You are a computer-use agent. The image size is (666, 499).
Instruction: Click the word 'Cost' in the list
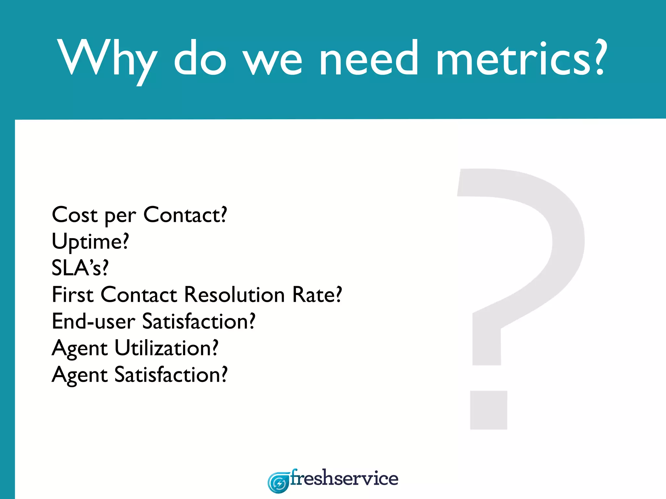[x=74, y=215]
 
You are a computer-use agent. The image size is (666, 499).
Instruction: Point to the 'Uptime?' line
[x=90, y=242]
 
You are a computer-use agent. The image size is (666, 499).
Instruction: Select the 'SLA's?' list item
[x=80, y=268]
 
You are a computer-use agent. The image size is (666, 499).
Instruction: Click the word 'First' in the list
[x=73, y=295]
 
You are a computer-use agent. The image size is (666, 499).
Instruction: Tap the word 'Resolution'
[x=234, y=295]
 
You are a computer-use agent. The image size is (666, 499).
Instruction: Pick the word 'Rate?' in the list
[x=317, y=295]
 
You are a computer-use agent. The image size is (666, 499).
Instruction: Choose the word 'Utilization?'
[x=166, y=348]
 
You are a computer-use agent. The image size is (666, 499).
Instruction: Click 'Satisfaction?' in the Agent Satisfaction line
[x=171, y=375]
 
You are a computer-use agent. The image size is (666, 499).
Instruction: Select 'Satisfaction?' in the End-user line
[x=199, y=321]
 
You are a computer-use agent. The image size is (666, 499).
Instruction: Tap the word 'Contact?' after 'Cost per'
[x=185, y=215]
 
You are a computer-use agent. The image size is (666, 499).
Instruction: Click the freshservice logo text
[x=344, y=479]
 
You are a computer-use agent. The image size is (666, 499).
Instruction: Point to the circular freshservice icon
[x=278, y=483]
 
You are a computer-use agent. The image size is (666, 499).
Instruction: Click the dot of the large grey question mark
[x=488, y=410]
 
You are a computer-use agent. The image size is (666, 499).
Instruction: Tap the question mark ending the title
[x=598, y=57]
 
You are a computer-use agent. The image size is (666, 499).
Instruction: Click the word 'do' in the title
[x=200, y=58]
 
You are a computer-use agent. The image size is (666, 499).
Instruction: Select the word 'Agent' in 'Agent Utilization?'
[x=80, y=348]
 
